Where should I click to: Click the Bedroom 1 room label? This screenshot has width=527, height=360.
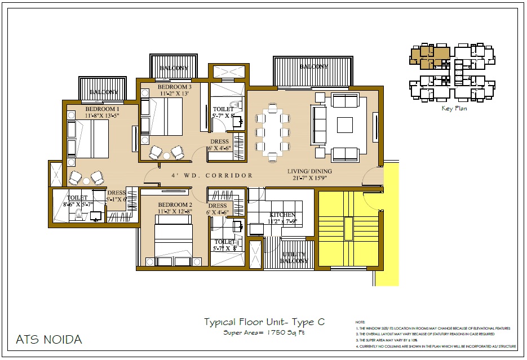(x=102, y=109)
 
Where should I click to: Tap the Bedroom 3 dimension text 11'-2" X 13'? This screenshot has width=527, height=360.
(x=174, y=94)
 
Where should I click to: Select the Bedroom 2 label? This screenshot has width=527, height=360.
(x=175, y=205)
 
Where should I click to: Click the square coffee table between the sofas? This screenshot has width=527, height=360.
(x=344, y=125)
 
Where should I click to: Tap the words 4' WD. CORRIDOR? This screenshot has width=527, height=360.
(x=212, y=176)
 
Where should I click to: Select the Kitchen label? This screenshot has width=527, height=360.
(x=282, y=215)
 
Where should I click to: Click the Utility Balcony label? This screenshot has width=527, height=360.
(x=295, y=257)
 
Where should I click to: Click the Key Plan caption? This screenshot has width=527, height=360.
(x=454, y=109)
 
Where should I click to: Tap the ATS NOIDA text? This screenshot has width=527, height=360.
(x=49, y=340)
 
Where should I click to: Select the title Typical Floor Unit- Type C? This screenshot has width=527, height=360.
(x=264, y=322)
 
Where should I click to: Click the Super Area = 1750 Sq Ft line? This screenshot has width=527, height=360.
(x=264, y=333)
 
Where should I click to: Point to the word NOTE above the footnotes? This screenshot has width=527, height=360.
(x=360, y=322)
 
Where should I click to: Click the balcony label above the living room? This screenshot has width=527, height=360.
(x=313, y=66)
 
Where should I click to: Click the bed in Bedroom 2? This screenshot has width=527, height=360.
(x=174, y=239)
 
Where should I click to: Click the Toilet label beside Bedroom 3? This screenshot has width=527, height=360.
(x=223, y=109)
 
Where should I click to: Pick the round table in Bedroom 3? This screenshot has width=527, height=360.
(x=166, y=155)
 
